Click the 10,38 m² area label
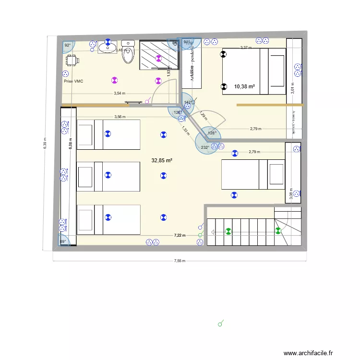point(244,87)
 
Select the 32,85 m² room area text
point(162,161)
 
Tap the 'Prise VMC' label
point(73,82)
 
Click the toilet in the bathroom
point(128,54)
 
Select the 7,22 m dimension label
point(180,235)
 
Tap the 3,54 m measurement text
point(120,94)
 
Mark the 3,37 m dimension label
point(245,48)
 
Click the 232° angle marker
point(205,147)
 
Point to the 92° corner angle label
point(67,46)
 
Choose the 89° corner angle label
point(62,242)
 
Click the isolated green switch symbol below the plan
point(221,324)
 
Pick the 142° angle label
point(188,102)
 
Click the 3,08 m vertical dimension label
point(291,192)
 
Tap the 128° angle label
point(212,133)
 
